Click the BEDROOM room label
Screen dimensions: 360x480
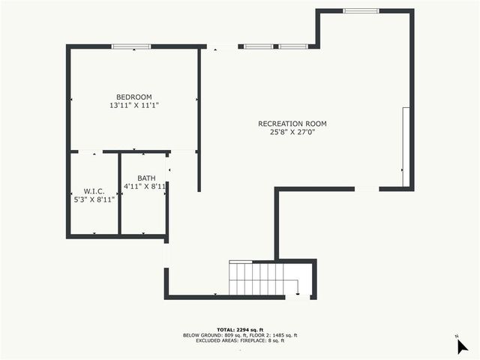pyautogui.click(x=133, y=97)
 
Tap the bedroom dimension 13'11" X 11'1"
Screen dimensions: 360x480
pyautogui.click(x=133, y=106)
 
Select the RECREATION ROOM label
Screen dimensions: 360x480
pyautogui.click(x=292, y=124)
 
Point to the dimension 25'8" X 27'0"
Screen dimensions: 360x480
pyautogui.click(x=292, y=133)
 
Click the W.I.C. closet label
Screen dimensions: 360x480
pyautogui.click(x=94, y=191)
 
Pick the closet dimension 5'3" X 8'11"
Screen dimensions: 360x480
pyautogui.click(x=94, y=200)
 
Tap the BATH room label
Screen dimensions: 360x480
pyautogui.click(x=146, y=178)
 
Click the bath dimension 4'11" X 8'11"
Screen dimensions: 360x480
pyautogui.click(x=144, y=187)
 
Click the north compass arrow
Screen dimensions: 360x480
pyautogui.click(x=463, y=346)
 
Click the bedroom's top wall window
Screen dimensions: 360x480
pyautogui.click(x=131, y=46)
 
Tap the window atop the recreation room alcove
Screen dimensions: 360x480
pyautogui.click(x=361, y=11)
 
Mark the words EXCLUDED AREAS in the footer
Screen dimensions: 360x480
pyautogui.click(x=214, y=340)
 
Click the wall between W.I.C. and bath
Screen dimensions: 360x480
pyautogui.click(x=120, y=193)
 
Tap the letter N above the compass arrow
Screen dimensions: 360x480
pyautogui.click(x=456, y=336)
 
